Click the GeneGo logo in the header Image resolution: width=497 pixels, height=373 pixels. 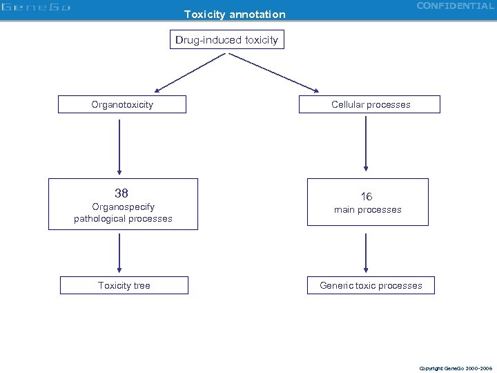point(36,8)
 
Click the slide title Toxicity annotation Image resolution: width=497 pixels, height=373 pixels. point(234,14)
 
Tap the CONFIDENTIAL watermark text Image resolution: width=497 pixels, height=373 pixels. point(455,6)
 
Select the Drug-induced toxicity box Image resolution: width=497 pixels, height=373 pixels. point(226,40)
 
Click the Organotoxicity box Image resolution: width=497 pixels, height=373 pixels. point(122,104)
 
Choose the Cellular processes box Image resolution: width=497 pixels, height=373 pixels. point(370,104)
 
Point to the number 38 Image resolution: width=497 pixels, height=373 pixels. point(122,193)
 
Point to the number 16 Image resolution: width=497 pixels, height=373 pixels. point(367,197)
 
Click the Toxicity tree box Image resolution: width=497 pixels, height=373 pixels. point(124,285)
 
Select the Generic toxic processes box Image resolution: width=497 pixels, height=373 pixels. point(371,285)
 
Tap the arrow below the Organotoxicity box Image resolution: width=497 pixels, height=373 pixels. point(119,146)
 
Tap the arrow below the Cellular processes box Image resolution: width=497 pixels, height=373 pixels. point(366,145)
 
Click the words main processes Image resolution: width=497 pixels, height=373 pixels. point(367,210)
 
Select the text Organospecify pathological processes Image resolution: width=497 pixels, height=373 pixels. point(123,213)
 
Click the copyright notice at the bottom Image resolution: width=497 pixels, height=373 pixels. point(456,368)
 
